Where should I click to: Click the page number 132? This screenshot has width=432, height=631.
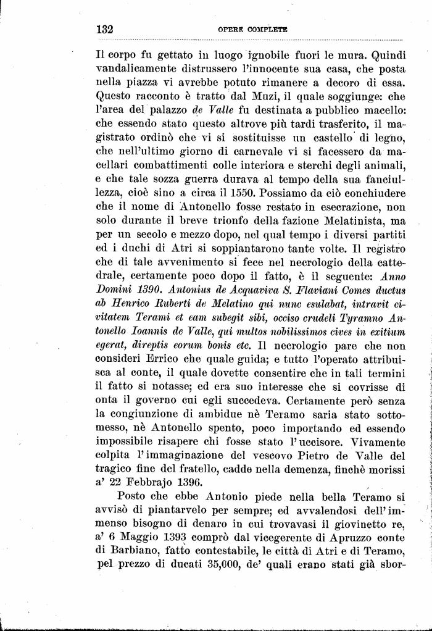(x=107, y=28)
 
